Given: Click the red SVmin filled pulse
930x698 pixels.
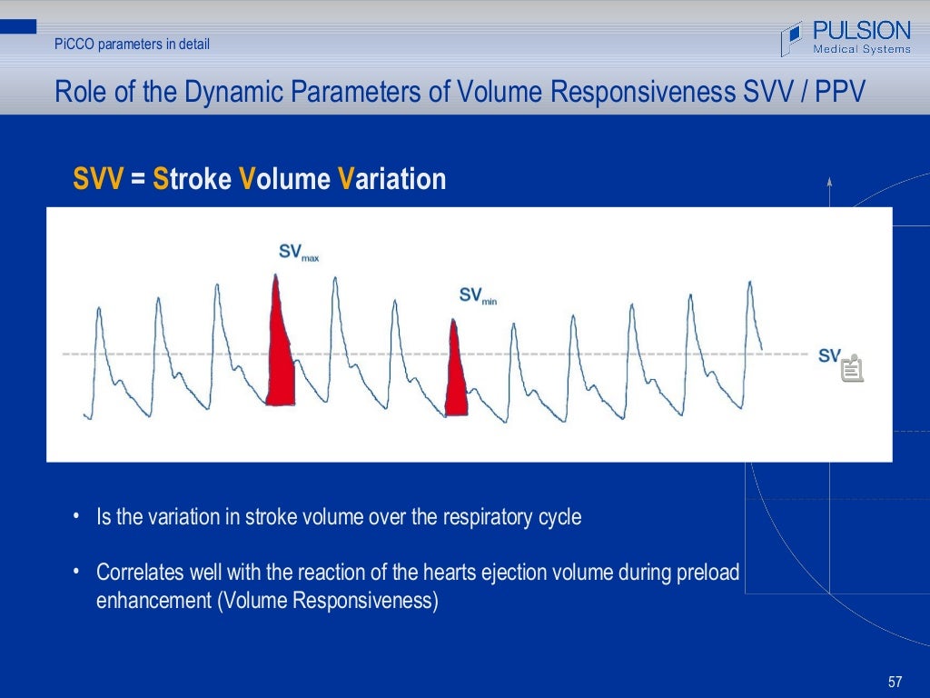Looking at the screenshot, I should point(456,377).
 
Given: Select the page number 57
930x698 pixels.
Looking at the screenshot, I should point(895,682).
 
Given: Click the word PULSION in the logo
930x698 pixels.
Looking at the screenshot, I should point(861,30).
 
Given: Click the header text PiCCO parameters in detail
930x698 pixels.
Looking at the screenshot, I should point(132,43).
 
